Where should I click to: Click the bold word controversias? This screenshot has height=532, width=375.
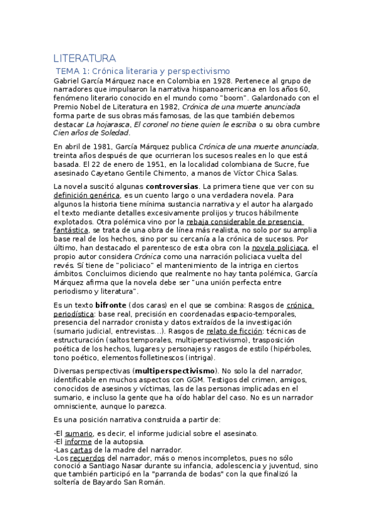click(172, 187)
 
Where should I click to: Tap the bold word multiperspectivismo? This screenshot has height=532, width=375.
click(175, 371)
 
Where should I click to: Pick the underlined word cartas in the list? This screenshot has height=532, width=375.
click(81, 450)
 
